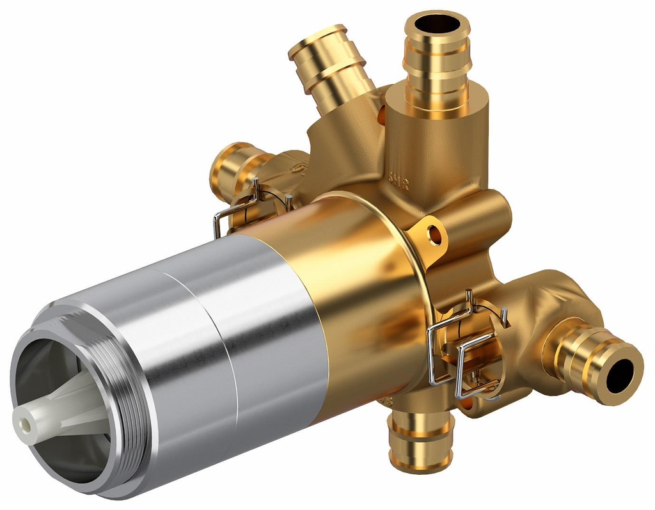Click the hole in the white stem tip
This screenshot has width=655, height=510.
[x=24, y=423]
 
